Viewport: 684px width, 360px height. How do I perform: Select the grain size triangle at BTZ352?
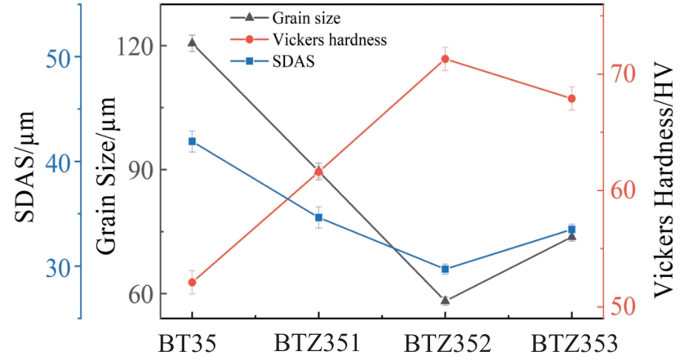coord(445,300)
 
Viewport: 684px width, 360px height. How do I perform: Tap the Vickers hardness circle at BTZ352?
coord(445,59)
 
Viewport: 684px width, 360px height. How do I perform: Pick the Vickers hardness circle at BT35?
coord(192,282)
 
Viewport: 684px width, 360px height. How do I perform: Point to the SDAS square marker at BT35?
coord(192,141)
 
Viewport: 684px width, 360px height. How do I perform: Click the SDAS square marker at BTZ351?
coord(319,218)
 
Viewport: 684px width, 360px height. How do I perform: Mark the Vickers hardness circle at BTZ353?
coord(571,99)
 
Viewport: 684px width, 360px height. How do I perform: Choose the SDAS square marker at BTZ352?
coord(445,269)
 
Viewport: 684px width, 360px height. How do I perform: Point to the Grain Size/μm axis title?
coord(107,178)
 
